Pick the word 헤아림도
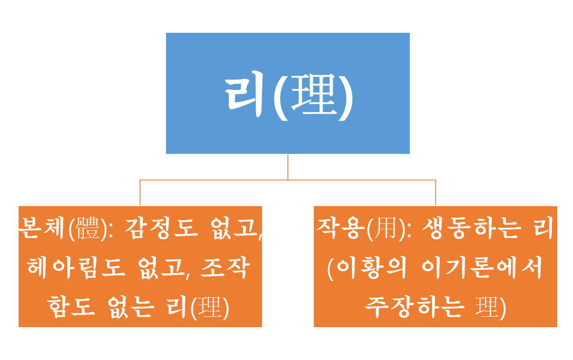tap(76, 268)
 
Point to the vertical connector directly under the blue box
tap(288, 167)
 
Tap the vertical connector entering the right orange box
tap(435, 193)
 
